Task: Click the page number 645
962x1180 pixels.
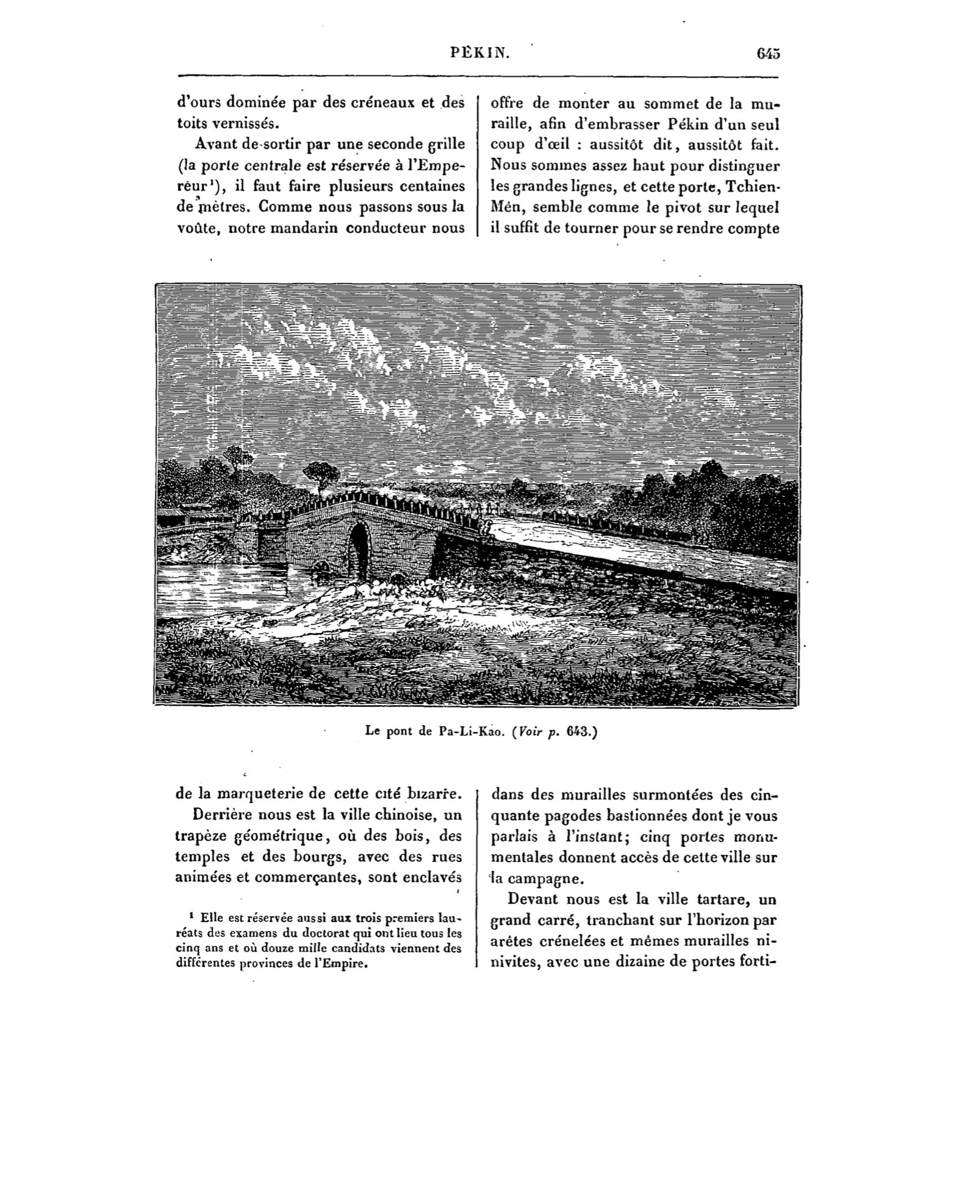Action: tap(768, 54)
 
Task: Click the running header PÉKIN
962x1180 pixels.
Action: tap(479, 54)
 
